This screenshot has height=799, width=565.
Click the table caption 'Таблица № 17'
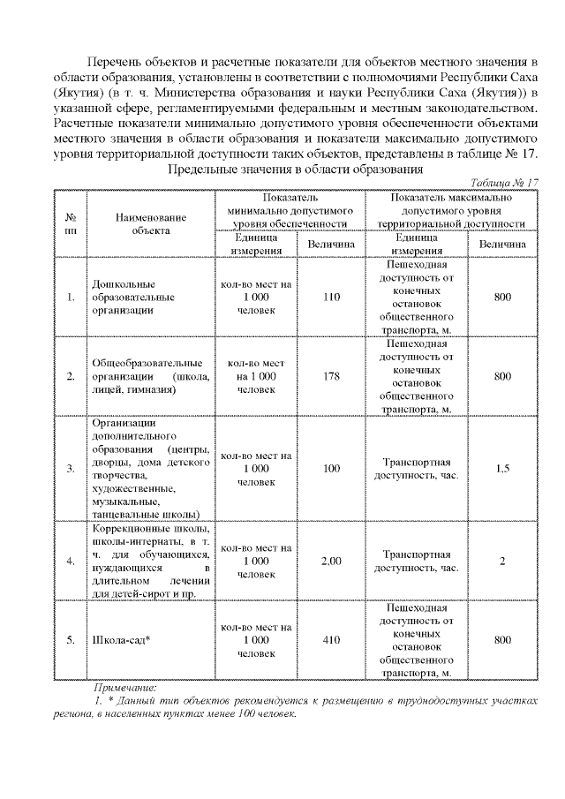pos(504,183)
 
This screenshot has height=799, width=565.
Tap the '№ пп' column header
pos(70,223)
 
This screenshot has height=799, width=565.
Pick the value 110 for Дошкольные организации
pos(331,298)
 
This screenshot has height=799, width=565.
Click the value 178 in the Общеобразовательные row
pos(331,376)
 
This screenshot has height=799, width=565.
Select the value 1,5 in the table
pos(502,468)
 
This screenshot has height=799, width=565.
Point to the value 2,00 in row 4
pos(331,561)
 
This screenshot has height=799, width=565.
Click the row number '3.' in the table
pos(70,468)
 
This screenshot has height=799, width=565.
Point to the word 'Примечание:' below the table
pos(124,687)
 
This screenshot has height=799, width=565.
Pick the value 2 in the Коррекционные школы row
pos(502,561)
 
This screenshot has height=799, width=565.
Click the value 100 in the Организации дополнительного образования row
pos(331,468)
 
